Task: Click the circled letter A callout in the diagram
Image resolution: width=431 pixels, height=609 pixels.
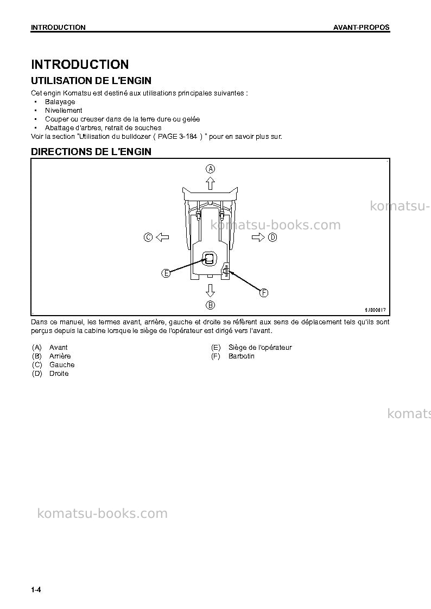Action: point(210,169)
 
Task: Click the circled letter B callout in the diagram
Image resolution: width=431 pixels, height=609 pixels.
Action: point(210,305)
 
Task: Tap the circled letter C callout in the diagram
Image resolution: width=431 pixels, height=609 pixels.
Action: point(148,237)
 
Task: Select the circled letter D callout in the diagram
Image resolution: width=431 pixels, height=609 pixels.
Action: point(272,237)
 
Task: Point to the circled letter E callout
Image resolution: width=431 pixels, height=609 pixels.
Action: point(166,273)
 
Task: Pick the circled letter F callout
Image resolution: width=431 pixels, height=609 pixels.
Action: point(264,292)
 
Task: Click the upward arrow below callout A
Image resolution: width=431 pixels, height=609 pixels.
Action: point(210,183)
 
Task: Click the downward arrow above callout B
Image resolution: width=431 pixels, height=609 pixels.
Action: point(210,291)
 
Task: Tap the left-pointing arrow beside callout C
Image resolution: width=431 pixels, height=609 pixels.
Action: point(162,237)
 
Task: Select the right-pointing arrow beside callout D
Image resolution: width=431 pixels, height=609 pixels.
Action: point(258,237)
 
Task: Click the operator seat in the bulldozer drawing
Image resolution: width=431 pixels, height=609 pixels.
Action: point(210,259)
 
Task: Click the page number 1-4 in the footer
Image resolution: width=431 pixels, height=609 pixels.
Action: point(36,589)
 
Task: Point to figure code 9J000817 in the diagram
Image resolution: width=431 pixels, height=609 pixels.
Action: point(375,310)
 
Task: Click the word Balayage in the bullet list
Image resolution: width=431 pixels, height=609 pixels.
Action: point(60,102)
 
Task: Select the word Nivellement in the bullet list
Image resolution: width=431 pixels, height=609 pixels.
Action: point(64,110)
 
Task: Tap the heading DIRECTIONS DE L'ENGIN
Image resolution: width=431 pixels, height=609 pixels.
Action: point(91,151)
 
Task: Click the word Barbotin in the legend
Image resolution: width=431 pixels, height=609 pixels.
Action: point(242,356)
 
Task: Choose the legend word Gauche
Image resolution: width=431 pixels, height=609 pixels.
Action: point(62,365)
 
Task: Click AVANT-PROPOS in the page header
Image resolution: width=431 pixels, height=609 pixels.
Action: point(362,27)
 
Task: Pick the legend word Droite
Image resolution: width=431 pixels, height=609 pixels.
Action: point(59,373)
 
